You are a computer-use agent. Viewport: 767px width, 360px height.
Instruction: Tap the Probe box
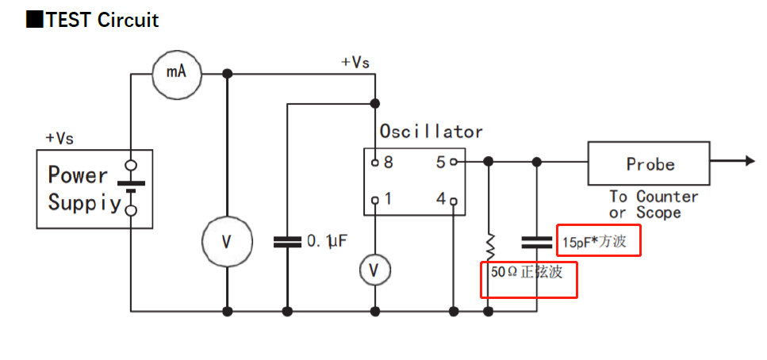tap(648, 165)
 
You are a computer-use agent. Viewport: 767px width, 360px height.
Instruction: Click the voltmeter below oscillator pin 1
tap(374, 271)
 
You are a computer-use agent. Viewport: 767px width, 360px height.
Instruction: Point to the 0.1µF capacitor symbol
tap(287, 241)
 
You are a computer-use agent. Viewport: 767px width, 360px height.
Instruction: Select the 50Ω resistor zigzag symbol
tap(489, 246)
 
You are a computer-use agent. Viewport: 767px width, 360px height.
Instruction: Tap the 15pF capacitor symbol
tap(537, 240)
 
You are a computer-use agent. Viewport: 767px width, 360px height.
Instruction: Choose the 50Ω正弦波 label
tap(527, 272)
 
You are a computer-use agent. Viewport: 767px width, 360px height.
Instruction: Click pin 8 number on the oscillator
tap(389, 163)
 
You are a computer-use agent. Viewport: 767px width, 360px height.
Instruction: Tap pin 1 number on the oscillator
tap(389, 199)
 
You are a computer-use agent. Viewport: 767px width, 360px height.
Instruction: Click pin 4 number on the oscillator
tap(440, 199)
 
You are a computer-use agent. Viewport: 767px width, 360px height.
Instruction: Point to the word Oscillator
tap(431, 131)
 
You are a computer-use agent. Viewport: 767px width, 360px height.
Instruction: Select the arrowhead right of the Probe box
tap(749, 161)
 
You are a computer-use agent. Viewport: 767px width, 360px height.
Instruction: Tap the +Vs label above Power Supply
tap(60, 138)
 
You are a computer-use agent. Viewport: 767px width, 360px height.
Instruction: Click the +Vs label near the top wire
tap(355, 62)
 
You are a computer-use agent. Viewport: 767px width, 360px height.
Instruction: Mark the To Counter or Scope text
tap(653, 205)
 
